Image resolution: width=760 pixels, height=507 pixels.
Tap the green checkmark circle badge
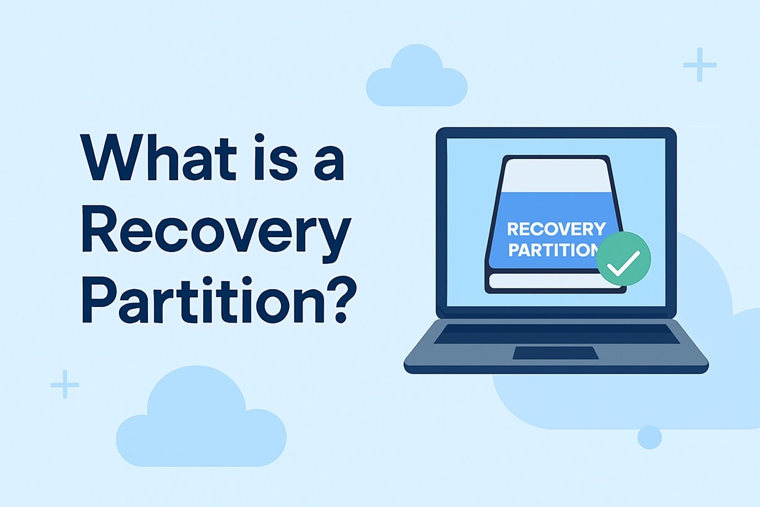pos(624,259)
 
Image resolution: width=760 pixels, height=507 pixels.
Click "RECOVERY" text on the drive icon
pos(556,229)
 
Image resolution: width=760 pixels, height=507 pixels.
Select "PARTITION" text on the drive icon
pos(551,251)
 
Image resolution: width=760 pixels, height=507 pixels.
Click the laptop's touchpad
pos(556,353)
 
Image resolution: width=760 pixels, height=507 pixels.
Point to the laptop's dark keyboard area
pos(556,334)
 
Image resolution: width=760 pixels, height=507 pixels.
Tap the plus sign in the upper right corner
pos(699,64)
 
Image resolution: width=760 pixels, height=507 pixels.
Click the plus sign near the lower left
pos(64,384)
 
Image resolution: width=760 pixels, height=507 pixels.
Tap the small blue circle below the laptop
pos(649,437)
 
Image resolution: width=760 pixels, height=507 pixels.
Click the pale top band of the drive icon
pos(555,176)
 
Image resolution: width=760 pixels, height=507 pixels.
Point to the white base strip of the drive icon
pos(548,282)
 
